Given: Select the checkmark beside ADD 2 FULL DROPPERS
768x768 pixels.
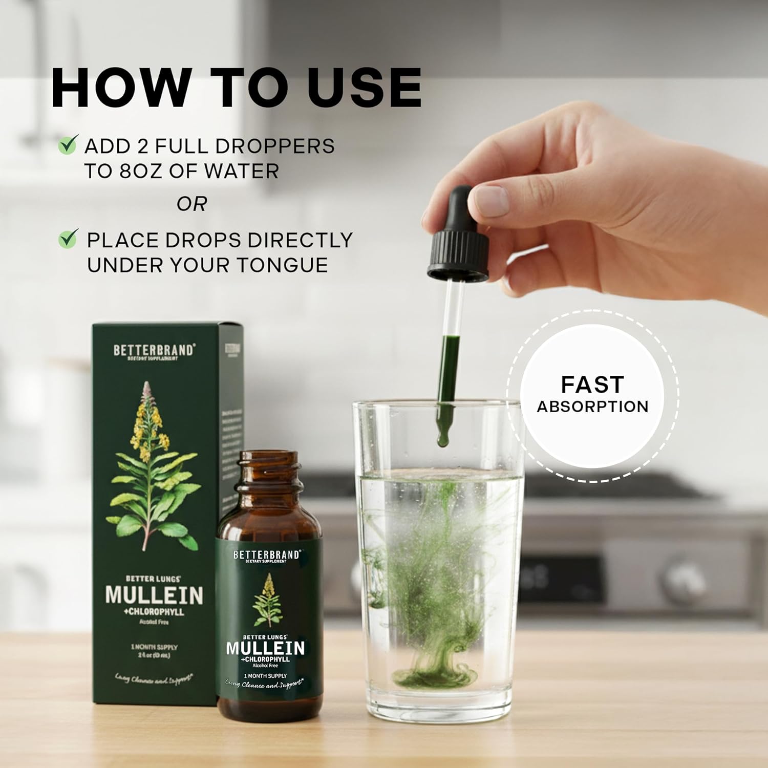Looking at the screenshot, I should coord(68,145).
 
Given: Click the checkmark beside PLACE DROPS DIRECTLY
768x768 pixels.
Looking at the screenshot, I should coord(68,239).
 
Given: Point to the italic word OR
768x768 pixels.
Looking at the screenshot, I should coord(191,204).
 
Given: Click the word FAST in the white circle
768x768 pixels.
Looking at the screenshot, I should coord(592,384).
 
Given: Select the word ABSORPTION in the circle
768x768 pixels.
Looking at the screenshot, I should coord(592,407).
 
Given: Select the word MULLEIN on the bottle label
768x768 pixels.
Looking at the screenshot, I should coord(265,648).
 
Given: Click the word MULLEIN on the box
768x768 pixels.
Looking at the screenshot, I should coord(154,595).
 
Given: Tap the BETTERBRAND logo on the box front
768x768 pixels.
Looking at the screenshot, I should coord(154,350).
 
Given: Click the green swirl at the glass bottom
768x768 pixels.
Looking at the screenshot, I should coord(434,671).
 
